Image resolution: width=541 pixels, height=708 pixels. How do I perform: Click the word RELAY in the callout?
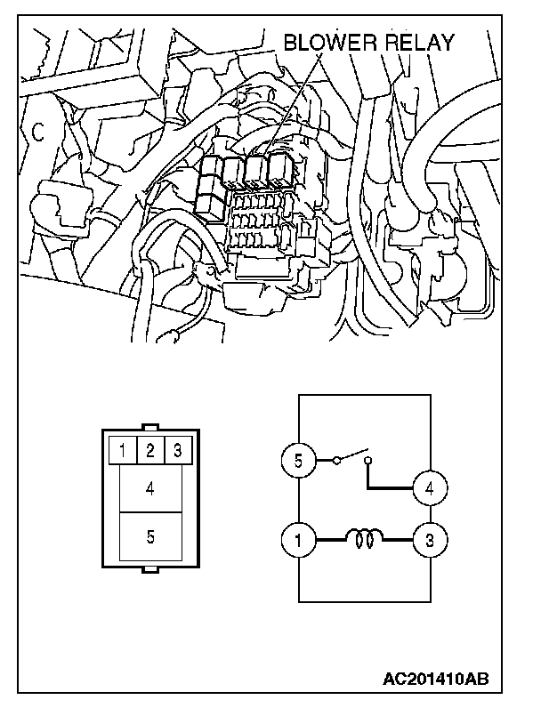click(x=419, y=43)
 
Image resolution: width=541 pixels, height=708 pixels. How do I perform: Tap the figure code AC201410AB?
click(x=436, y=679)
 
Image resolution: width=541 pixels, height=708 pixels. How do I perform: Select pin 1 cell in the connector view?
click(x=123, y=450)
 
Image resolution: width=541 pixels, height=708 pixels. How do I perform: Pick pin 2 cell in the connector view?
click(x=150, y=450)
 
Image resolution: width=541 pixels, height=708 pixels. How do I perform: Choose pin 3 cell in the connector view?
click(x=178, y=450)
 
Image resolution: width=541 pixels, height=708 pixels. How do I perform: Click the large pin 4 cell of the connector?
click(x=150, y=488)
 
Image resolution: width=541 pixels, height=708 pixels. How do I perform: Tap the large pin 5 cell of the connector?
click(x=150, y=536)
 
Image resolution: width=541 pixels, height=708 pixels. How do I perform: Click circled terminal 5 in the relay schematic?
click(x=298, y=461)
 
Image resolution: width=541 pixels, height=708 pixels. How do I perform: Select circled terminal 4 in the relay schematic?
click(x=430, y=488)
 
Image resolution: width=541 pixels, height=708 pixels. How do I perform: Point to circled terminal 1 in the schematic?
click(x=298, y=540)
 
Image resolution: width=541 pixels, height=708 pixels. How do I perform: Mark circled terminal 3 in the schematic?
click(x=430, y=540)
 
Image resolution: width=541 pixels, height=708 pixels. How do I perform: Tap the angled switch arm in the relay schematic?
click(x=353, y=455)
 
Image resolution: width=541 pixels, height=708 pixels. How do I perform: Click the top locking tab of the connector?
click(x=150, y=427)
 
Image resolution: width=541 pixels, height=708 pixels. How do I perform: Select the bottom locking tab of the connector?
click(x=150, y=570)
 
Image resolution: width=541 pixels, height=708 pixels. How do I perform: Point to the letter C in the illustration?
click(x=39, y=133)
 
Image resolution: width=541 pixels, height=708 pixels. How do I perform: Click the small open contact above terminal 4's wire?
click(x=368, y=461)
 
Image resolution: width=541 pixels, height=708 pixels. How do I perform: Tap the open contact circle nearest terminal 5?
click(x=336, y=461)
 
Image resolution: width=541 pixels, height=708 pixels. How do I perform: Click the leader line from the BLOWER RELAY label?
click(x=294, y=104)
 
